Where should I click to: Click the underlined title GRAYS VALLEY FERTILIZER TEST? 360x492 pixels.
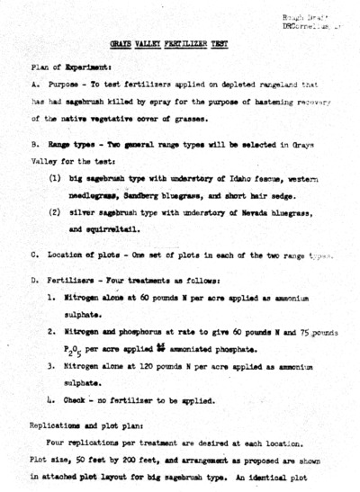(179, 42)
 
